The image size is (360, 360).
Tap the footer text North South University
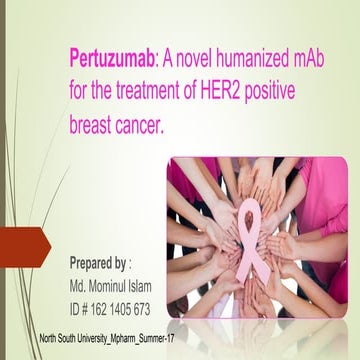click(x=84, y=341)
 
